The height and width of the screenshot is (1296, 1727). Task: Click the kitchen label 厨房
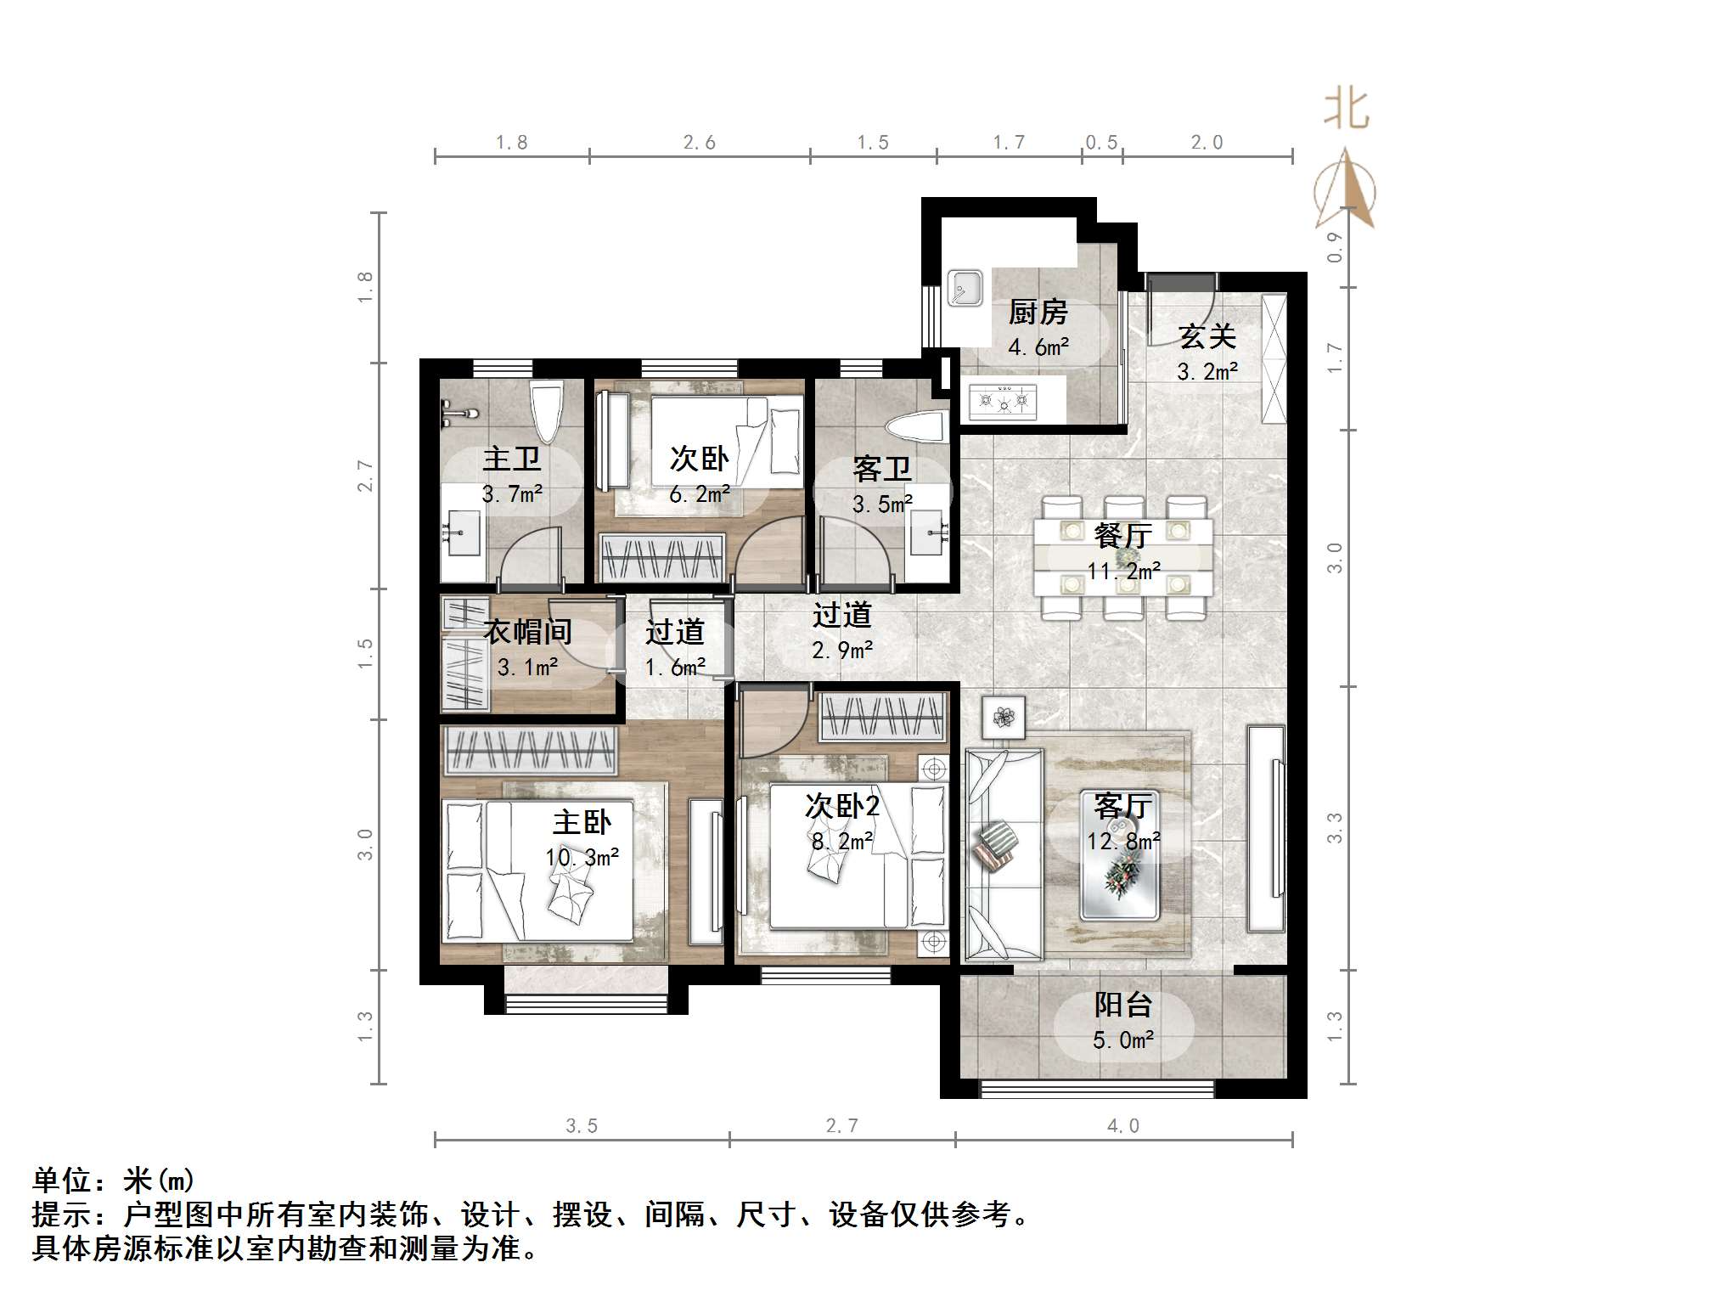(1038, 313)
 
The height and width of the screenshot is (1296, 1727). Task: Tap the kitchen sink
(965, 289)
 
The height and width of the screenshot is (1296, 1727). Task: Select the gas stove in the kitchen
(1004, 399)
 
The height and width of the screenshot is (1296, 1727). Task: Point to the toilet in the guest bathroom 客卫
(917, 426)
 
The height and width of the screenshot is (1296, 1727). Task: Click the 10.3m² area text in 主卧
(582, 857)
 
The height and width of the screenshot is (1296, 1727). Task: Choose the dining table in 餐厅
(1122, 556)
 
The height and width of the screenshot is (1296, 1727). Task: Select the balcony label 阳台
(1122, 1005)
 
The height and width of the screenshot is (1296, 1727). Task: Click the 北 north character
(1347, 110)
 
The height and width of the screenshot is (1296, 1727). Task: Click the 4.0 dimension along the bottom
(1122, 1126)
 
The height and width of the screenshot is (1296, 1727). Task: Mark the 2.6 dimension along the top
(700, 143)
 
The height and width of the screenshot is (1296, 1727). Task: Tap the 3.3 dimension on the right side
(1335, 828)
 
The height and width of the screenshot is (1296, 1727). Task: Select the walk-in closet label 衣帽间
(527, 632)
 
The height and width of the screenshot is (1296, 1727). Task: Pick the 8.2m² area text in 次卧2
(842, 841)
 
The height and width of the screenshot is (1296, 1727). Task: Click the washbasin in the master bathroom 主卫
(463, 533)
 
